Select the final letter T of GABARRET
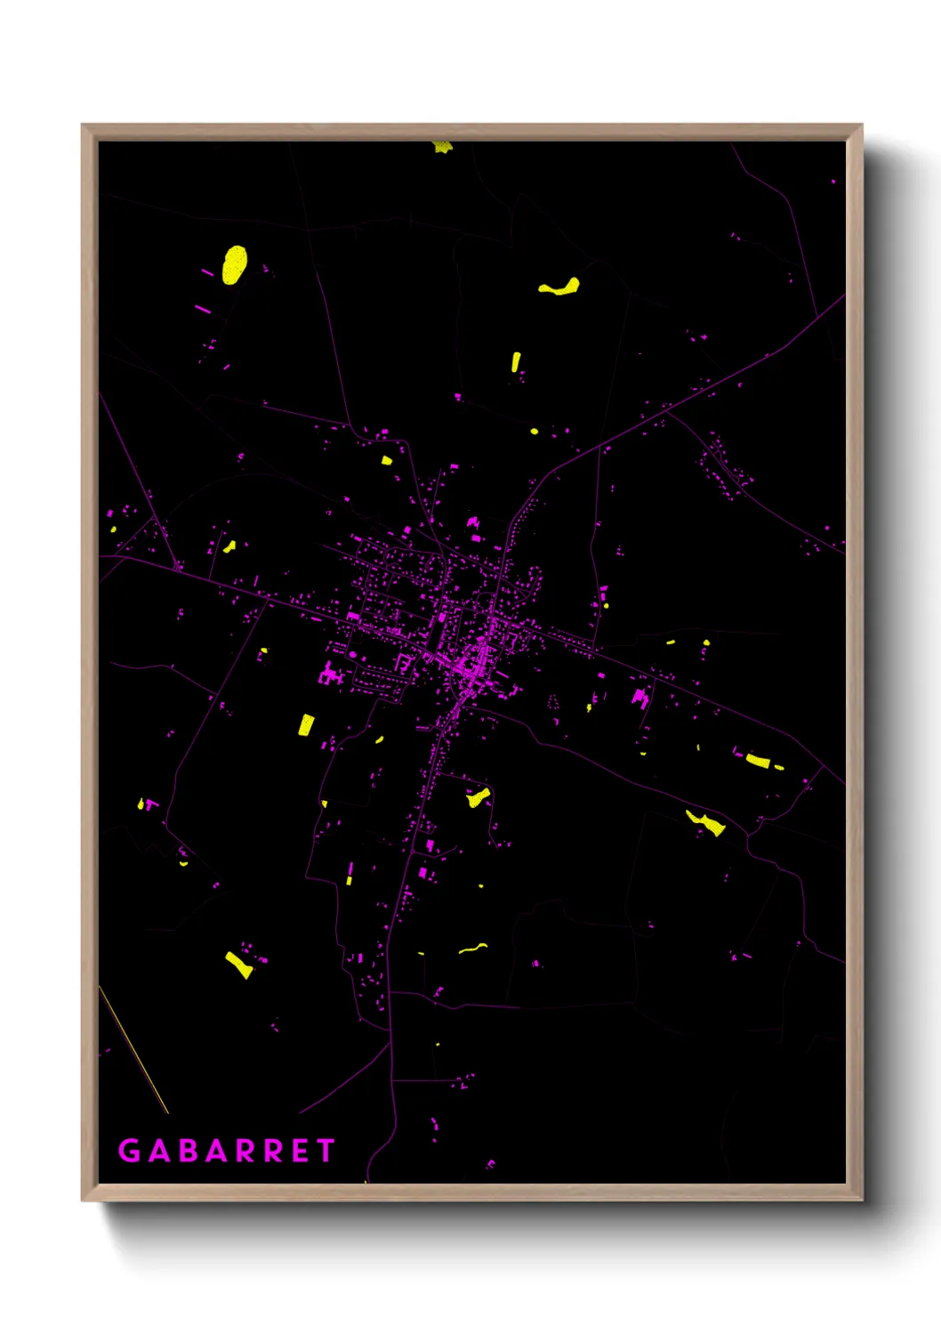325,1151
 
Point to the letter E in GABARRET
300,1151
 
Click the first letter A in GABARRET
159,1151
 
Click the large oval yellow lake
234,264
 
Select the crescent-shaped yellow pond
560,287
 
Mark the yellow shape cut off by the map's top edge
442,147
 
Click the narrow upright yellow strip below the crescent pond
515,361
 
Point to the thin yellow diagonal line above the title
133,1050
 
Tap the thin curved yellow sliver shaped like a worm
473,948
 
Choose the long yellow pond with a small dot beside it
759,761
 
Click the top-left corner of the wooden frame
83,125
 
